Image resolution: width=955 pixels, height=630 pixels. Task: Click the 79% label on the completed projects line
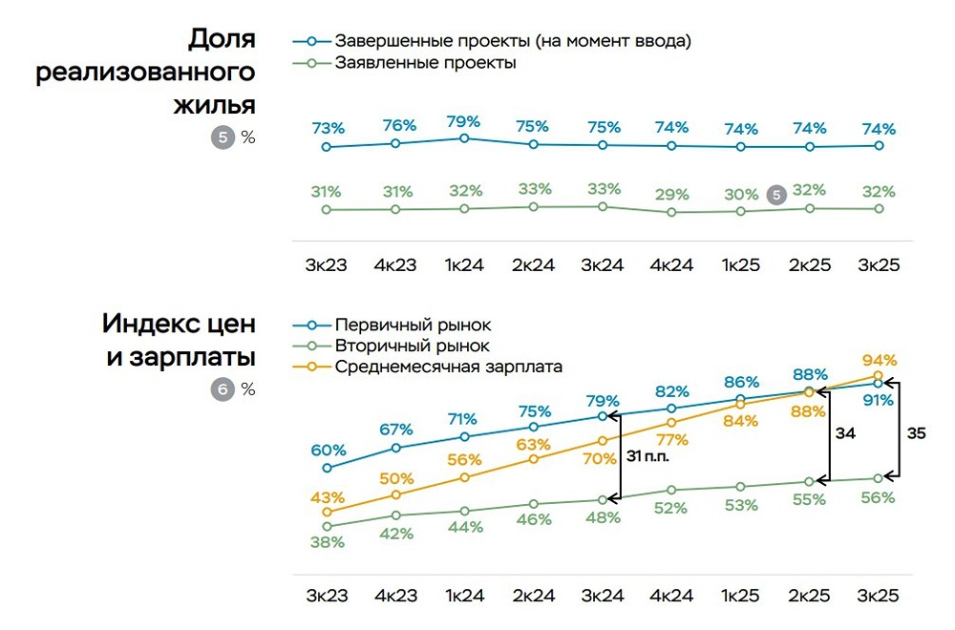464,121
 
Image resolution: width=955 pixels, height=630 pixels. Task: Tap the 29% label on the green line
671,194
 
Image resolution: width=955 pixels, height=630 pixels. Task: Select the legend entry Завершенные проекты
512,41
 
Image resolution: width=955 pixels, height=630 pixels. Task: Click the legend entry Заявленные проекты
425,63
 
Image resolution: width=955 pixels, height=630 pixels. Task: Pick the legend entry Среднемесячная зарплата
448,366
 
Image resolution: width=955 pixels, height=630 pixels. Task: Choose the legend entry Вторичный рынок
412,346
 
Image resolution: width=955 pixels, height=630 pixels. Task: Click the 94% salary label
879,360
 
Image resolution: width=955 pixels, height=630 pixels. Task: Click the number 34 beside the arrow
844,432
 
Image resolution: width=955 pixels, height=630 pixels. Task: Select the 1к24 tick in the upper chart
464,264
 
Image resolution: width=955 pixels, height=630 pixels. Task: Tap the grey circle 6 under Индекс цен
222,388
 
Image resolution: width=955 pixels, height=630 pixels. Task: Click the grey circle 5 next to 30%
776,194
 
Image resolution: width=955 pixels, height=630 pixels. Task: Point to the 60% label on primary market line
328,450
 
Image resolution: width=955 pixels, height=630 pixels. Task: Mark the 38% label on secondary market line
328,541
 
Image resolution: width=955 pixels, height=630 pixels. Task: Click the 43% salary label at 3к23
328,497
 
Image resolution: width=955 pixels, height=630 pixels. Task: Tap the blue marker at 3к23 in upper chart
327,147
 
